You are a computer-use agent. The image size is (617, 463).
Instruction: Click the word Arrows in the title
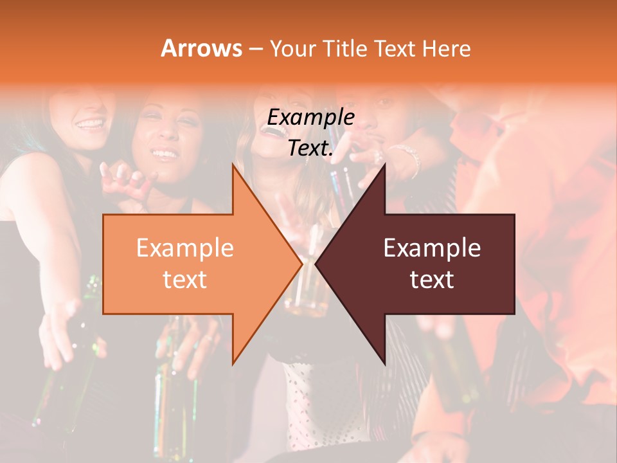coord(202,48)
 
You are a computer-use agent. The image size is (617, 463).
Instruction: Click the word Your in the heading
coord(293,48)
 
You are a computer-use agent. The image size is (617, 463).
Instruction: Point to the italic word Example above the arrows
coord(311,117)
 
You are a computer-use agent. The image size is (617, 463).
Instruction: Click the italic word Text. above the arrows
coord(311,149)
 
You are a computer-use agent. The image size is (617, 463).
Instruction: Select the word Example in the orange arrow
coord(185,248)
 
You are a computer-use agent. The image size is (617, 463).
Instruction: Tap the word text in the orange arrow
coord(185,280)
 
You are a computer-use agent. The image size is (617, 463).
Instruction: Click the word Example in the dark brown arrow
coord(432,248)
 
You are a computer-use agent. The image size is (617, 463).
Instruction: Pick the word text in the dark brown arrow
coord(432,280)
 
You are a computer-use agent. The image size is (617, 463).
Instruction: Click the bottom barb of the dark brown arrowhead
coord(384,361)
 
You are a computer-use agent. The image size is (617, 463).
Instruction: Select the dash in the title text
coord(255,49)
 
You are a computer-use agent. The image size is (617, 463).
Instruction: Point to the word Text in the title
coord(397,48)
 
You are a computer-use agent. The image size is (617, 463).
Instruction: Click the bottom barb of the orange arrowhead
coord(234,361)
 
